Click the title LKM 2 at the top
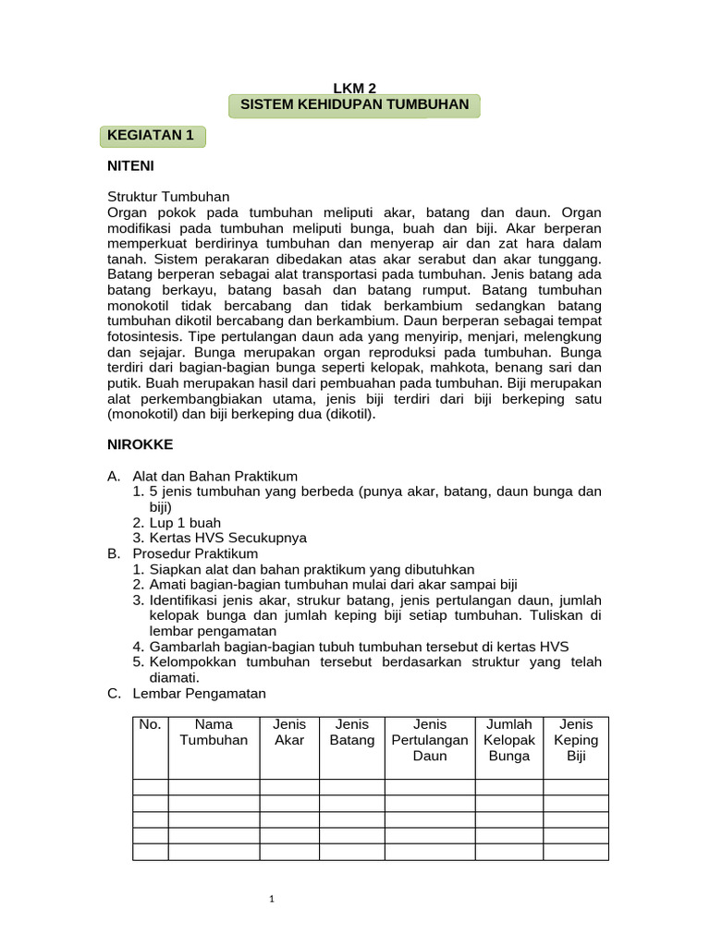coord(354,89)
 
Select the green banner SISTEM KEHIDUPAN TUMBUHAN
coord(354,105)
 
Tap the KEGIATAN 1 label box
coord(151,136)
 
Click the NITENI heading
coord(130,166)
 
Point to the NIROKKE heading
coord(140,444)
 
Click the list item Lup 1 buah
coord(185,522)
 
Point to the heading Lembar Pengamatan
coord(200,693)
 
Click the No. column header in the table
coord(150,724)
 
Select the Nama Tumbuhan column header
coord(214,733)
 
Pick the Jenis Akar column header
coord(289,733)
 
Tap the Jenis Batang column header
coord(351,733)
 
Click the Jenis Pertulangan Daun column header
coord(430,740)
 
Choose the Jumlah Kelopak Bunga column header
coord(508,740)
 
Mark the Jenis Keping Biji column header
coord(576,740)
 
